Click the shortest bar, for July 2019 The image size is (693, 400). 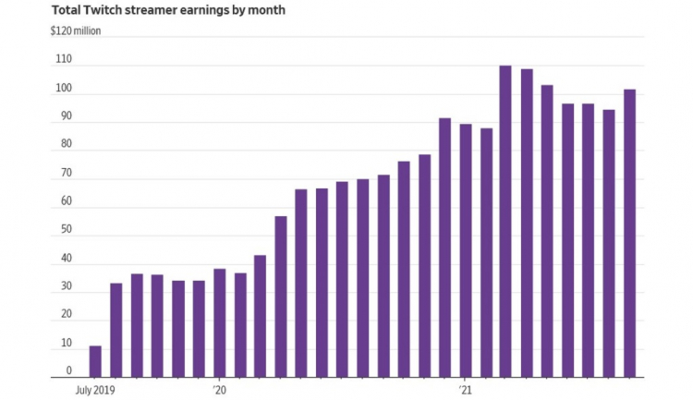95,361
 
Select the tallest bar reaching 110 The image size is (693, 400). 505,222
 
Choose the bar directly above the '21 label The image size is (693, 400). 465,251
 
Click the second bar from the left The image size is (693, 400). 116,330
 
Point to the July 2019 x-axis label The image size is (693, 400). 95,390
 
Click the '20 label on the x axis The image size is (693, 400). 220,390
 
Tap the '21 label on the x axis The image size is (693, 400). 466,390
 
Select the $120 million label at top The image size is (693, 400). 77,30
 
